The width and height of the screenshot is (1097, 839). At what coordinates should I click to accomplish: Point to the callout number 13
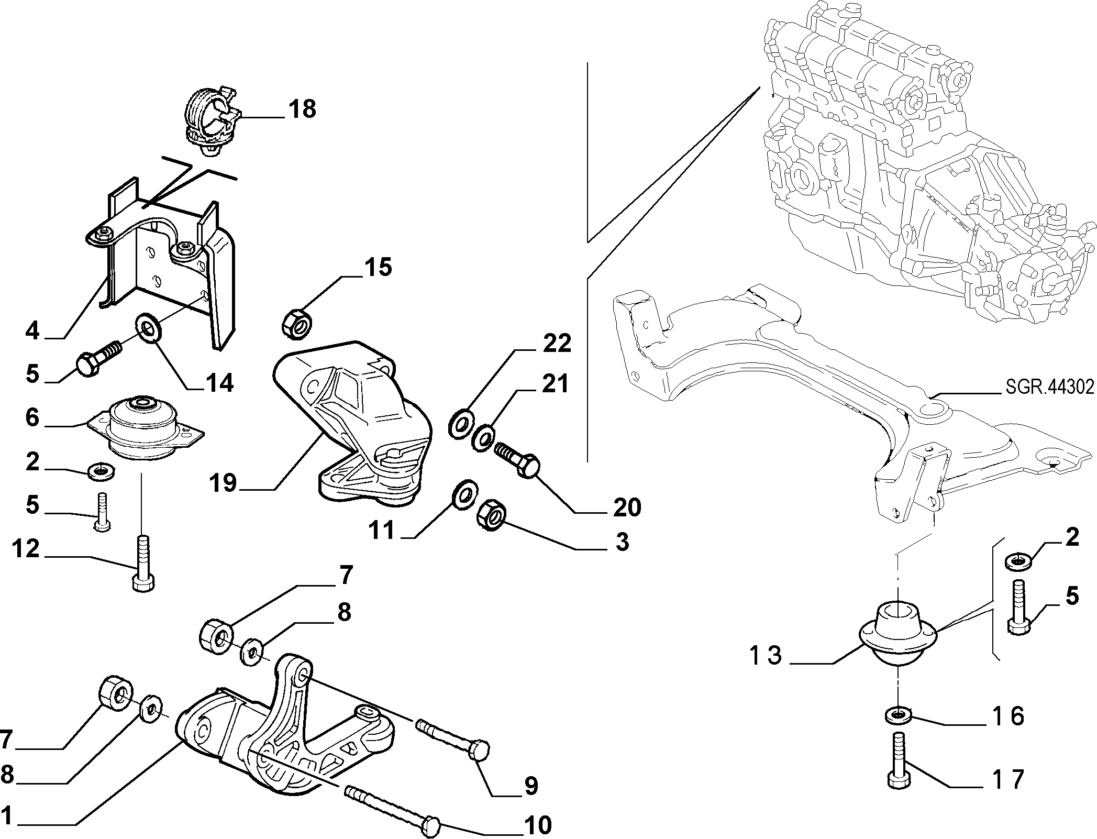click(x=766, y=655)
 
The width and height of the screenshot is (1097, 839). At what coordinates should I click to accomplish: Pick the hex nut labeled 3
click(x=490, y=514)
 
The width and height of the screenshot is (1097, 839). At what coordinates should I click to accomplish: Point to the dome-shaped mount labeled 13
click(x=899, y=635)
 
